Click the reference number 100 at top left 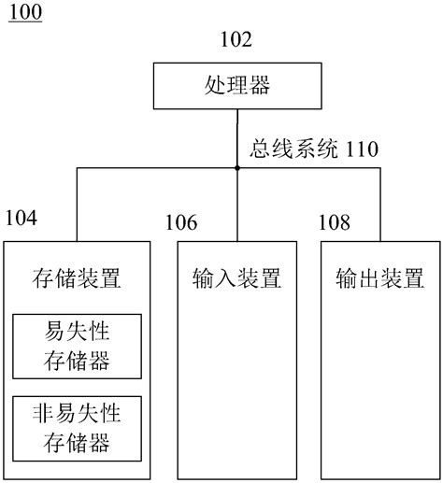(24, 13)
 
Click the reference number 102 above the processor (236, 39)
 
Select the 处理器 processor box (236, 86)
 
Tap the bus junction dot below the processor (237, 168)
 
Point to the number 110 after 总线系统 (363, 149)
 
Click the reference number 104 (21, 218)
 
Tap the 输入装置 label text (236, 278)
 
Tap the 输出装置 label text (379, 278)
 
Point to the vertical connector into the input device (237, 206)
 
